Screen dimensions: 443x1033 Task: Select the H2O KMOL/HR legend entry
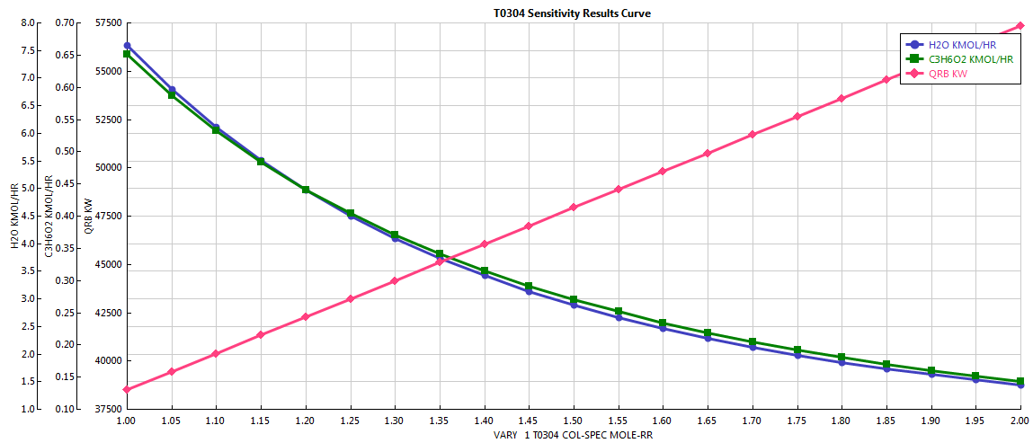962,44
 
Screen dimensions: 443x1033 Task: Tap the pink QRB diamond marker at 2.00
1020,26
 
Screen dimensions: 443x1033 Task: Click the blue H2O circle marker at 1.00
127,46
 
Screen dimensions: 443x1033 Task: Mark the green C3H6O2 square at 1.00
127,54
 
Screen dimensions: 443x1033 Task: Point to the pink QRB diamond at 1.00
127,389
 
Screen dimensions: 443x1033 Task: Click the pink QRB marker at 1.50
574,208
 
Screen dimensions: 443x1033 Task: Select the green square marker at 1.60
663,323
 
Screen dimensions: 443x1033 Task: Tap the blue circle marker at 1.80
842,362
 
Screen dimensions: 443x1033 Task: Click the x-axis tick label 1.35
440,420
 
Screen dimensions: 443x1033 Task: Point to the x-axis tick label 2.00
1020,420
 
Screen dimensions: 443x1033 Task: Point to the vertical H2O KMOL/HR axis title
13,216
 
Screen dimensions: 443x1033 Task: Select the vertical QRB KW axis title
88,216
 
